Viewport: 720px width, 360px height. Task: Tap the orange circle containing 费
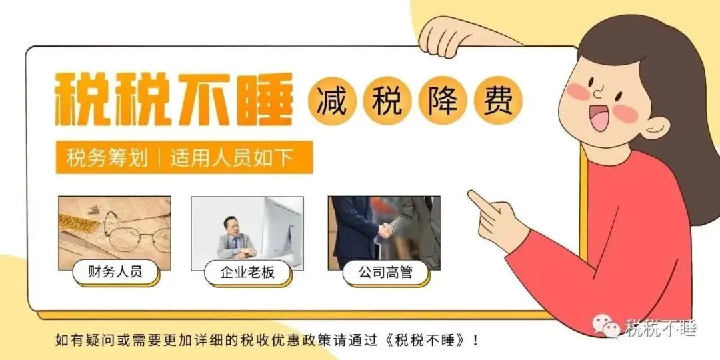point(499,102)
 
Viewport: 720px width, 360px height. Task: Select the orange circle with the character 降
point(443,103)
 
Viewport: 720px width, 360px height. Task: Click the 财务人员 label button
point(115,272)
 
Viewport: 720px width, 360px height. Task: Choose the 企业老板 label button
point(247,273)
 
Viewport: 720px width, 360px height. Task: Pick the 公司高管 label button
point(385,273)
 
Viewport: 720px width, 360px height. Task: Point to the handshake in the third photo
point(386,231)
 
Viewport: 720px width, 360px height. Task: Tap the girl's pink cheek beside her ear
point(625,114)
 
